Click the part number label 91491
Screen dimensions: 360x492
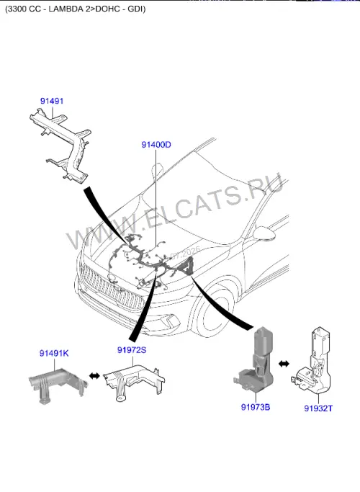click(x=52, y=101)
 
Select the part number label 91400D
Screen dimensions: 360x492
click(x=156, y=145)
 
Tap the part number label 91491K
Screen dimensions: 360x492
click(x=54, y=353)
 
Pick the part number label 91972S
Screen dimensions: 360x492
click(x=132, y=350)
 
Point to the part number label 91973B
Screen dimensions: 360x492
click(x=256, y=407)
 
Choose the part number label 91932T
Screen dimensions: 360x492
click(x=318, y=408)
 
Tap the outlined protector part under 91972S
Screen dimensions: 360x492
click(x=133, y=381)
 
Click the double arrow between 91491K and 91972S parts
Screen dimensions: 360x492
click(x=95, y=375)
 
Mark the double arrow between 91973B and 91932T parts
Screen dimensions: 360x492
click(x=284, y=364)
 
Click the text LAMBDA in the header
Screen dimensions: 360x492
click(x=66, y=9)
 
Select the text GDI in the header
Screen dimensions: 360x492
click(x=135, y=9)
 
